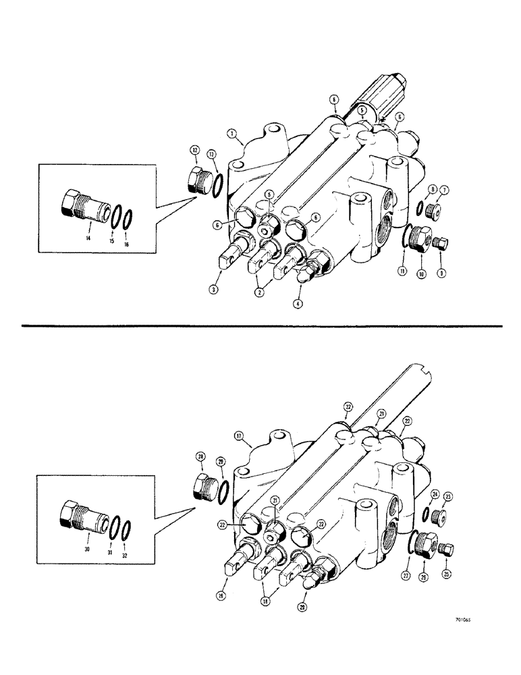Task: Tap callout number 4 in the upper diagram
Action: tap(297, 303)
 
